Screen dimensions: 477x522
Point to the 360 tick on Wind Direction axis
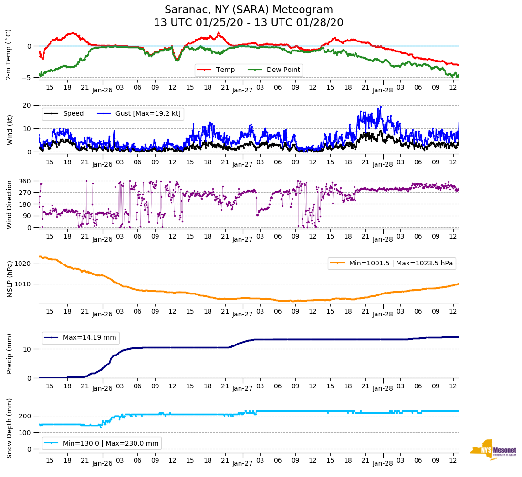pyautogui.click(x=25, y=181)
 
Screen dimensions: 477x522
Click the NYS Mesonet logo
pyautogui.click(x=493, y=450)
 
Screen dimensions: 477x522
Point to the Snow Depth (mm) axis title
pyautogui.click(x=9, y=428)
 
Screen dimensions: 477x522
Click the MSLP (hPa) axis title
pyautogui.click(x=9, y=279)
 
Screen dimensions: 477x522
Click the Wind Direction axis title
pyautogui.click(x=9, y=204)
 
